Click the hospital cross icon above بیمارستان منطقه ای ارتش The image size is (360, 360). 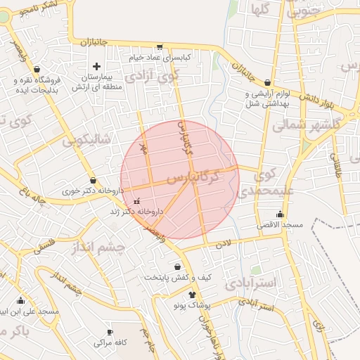[x=96, y=66]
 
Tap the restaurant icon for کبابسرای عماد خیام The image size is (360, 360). [x=160, y=47]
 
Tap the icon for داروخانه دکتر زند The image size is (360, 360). [x=136, y=201]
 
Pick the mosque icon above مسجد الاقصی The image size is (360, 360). [x=281, y=214]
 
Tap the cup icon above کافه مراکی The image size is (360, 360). [x=110, y=332]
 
